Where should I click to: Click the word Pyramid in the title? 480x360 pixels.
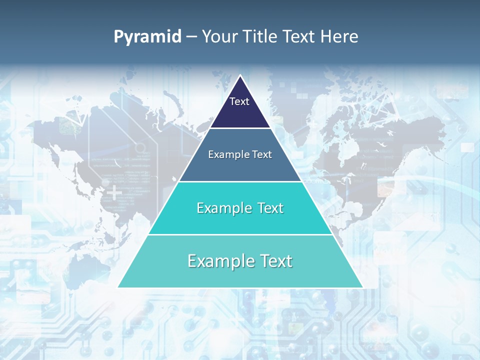(147, 37)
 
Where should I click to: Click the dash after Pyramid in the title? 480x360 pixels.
(191, 37)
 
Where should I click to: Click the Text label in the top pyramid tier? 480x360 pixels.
(239, 101)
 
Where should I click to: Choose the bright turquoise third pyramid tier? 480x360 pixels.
(240, 220)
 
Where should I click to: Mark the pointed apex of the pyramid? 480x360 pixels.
(240, 76)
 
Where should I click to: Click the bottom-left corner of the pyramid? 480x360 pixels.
(118, 287)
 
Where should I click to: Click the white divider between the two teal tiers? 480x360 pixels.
(240, 234)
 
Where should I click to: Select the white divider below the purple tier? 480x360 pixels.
(240, 128)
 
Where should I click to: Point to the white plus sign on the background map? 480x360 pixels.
(115, 191)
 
